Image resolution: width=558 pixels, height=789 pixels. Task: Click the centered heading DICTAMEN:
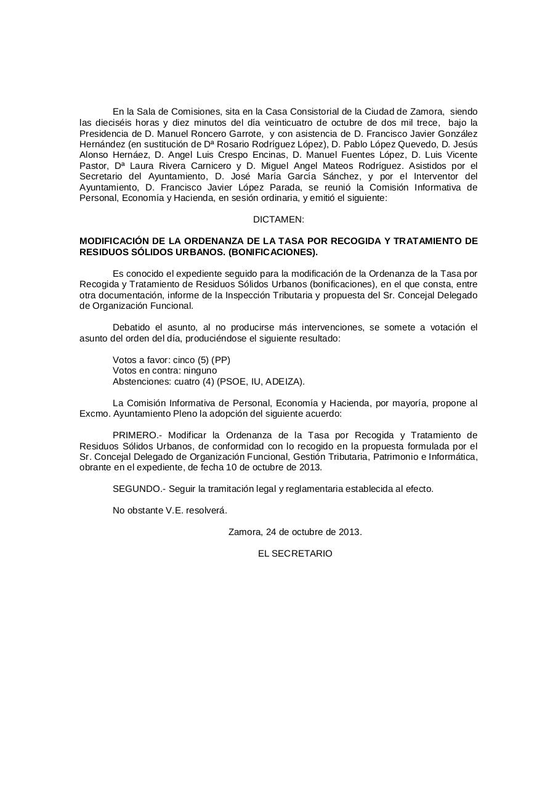278,219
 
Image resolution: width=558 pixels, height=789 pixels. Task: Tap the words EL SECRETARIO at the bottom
295,554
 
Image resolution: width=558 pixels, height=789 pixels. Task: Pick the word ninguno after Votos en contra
200,370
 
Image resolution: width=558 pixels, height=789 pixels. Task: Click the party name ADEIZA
284,382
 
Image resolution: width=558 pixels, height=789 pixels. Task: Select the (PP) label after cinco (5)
220,360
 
